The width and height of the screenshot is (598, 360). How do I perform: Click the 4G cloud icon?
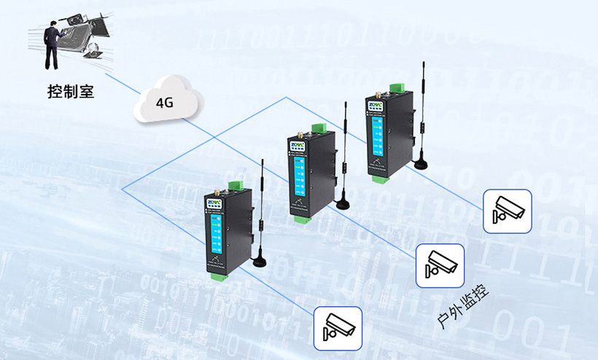coord(166,102)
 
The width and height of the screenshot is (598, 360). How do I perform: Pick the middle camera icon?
coord(440,265)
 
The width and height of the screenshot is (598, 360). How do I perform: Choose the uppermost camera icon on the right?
coord(507,211)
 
